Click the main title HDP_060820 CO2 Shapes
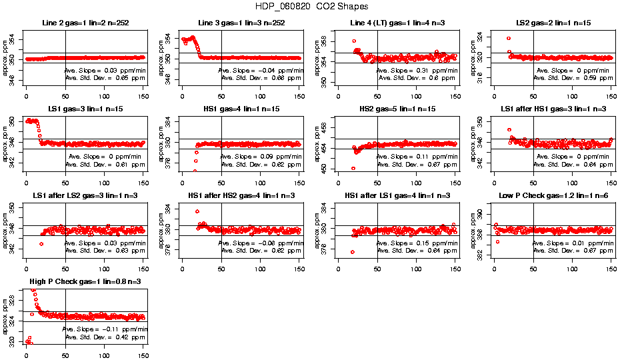(x=311, y=7)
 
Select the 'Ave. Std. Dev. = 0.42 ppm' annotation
(x=105, y=337)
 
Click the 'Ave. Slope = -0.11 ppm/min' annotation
(x=105, y=329)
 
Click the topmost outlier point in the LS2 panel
(x=509, y=39)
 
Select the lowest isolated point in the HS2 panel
(x=353, y=168)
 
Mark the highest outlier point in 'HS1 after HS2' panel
(x=197, y=211)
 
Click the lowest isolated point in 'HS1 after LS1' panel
(x=353, y=252)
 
